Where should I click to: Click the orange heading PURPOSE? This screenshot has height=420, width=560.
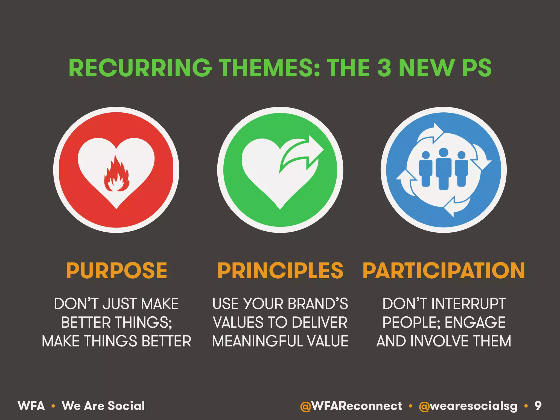point(116,271)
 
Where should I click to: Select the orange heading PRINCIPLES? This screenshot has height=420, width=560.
point(280,271)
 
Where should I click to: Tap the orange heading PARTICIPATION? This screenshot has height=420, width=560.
point(444,271)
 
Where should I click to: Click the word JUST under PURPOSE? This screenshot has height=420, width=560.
point(120,304)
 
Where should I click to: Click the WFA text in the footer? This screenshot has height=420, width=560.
point(31,406)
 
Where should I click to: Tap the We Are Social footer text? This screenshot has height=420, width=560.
point(103,406)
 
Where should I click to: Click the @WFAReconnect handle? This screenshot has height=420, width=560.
point(351,406)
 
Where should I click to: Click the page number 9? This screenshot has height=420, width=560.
point(538,406)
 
